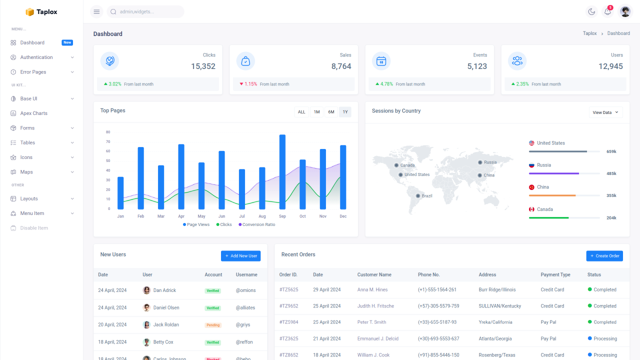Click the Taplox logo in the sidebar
[41, 12]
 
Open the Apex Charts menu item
[33, 113]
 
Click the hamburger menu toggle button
[96, 11]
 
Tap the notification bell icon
[607, 11]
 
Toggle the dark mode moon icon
[591, 11]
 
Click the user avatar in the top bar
[625, 11]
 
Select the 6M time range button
[331, 112]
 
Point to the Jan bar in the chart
[120, 193]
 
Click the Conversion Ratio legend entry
[258, 224]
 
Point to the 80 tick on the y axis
[108, 132]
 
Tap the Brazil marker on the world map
[418, 195]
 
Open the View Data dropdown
[605, 112]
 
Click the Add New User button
[240, 256]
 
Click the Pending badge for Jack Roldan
[213, 325]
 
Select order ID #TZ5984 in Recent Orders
[288, 322]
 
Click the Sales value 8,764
[341, 66]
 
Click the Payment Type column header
[555, 274]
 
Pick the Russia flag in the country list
[531, 165]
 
